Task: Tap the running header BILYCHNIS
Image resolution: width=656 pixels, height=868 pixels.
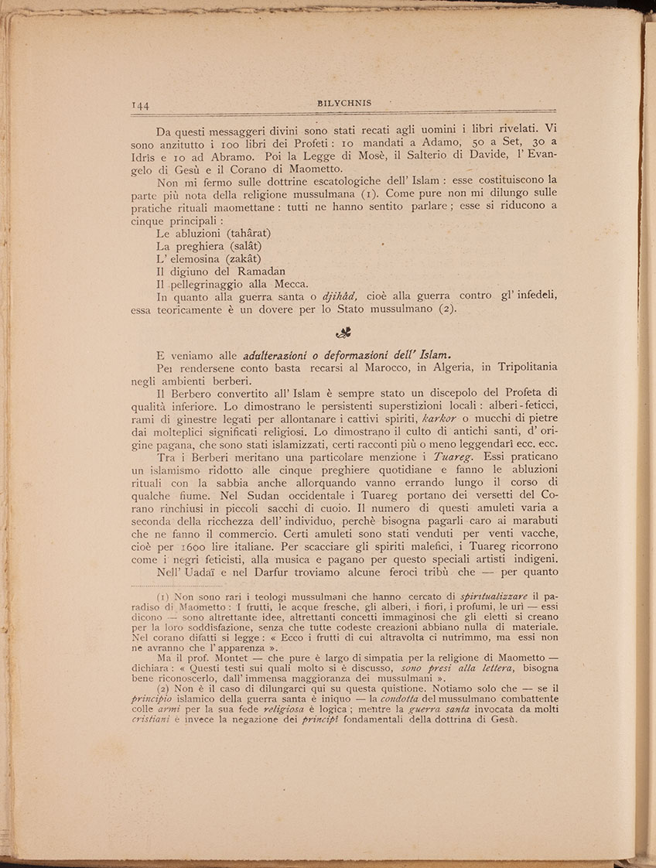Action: point(344,102)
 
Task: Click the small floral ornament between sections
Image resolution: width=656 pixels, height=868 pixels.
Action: point(343,333)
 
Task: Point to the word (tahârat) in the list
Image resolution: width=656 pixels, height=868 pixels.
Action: point(244,233)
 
